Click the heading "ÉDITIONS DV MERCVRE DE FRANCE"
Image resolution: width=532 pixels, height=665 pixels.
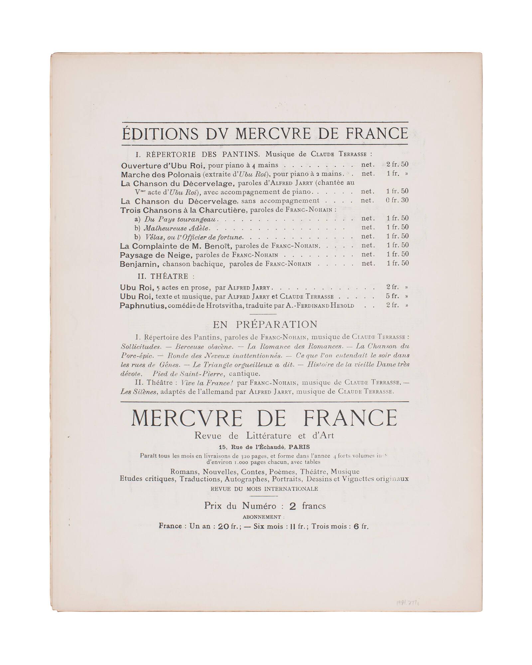tap(265, 133)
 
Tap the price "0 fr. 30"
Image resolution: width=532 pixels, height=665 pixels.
tap(397, 200)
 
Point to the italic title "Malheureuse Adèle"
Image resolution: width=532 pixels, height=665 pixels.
tap(176, 228)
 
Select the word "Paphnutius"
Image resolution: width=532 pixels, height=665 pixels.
tap(143, 305)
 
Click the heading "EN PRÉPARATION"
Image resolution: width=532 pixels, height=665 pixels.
tap(265, 324)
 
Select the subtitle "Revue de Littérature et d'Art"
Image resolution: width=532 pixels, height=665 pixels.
tap(264, 436)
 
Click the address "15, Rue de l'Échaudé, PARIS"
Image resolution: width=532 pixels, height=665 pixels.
tap(264, 447)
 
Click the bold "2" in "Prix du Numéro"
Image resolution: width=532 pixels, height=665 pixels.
tap(292, 506)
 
